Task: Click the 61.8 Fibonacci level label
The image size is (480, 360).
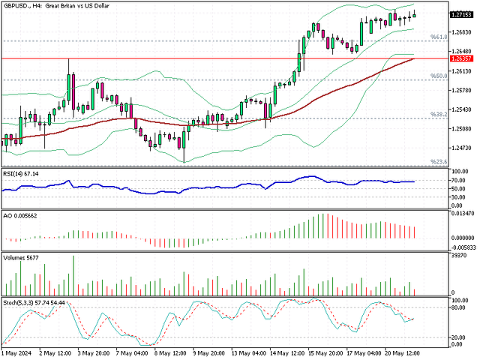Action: (439, 36)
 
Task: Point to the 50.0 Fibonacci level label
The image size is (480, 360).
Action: (439, 76)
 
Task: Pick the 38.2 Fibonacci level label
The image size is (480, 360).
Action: (439, 114)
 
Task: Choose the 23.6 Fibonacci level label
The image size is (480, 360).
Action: (439, 161)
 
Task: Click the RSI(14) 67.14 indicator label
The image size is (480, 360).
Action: (20, 173)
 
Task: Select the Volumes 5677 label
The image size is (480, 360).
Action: (22, 256)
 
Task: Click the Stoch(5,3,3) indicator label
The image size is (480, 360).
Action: (34, 302)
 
